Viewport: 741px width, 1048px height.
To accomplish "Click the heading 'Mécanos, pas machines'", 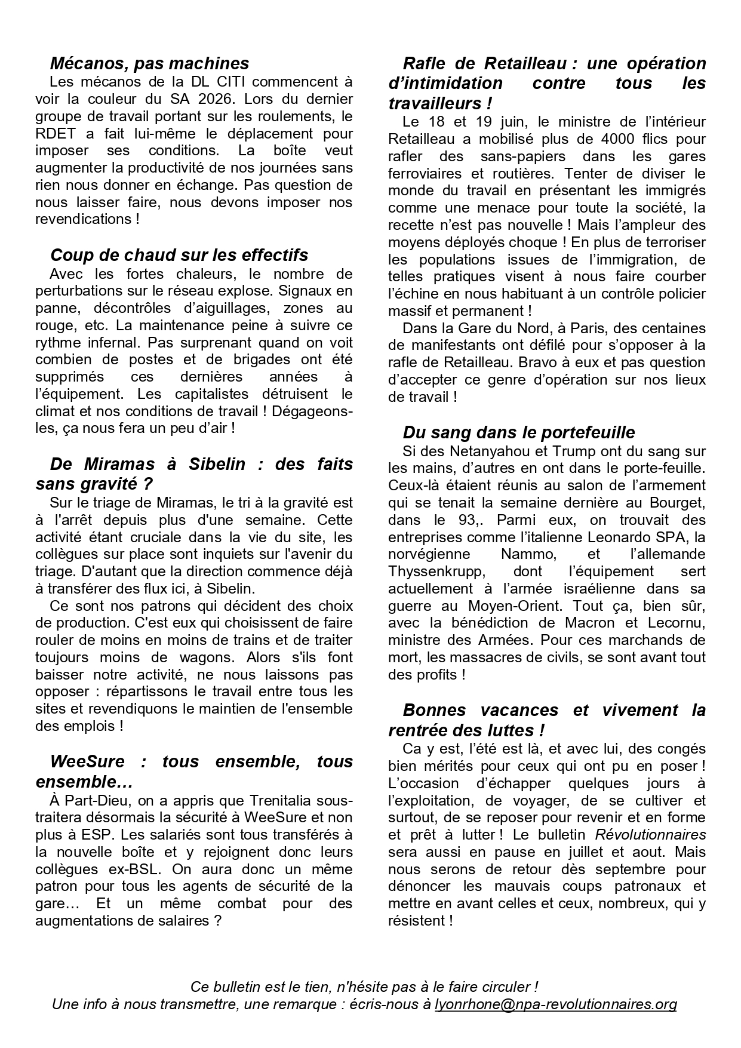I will coord(149,63).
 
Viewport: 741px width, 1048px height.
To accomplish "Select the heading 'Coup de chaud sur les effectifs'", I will coord(179,255).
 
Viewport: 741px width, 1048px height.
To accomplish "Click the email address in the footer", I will coord(555,1004).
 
